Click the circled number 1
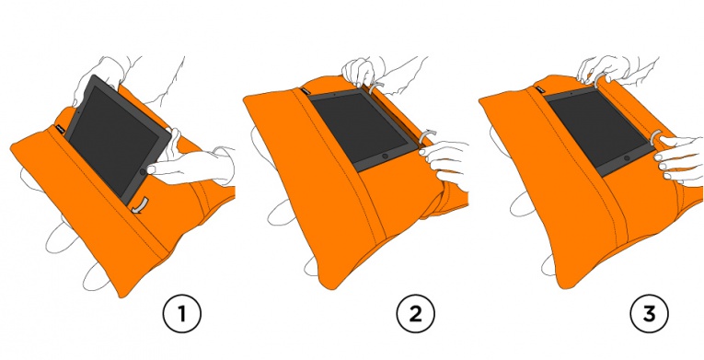(181, 314)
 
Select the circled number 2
(415, 314)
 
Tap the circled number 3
(649, 314)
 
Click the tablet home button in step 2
(385, 156)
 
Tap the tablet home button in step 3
(628, 158)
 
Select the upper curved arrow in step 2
(376, 87)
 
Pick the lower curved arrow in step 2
(426, 135)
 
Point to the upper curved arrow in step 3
(600, 80)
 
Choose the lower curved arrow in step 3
(657, 137)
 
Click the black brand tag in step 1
(59, 130)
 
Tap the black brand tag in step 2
(304, 90)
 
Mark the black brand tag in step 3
(538, 89)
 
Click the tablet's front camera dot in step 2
(334, 96)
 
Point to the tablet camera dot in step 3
(571, 94)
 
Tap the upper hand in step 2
(359, 72)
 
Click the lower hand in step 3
(678, 158)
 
